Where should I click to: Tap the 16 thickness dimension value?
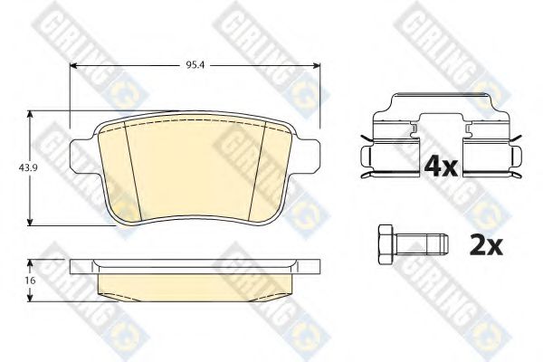pos(31,281)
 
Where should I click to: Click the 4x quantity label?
pos(441,166)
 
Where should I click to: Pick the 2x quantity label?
pos(485,245)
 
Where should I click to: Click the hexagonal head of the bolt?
pos(386,245)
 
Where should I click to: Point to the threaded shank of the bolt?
pos(422,245)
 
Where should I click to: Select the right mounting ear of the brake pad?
pos(308,156)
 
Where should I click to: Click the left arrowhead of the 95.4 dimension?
pos(73,65)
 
